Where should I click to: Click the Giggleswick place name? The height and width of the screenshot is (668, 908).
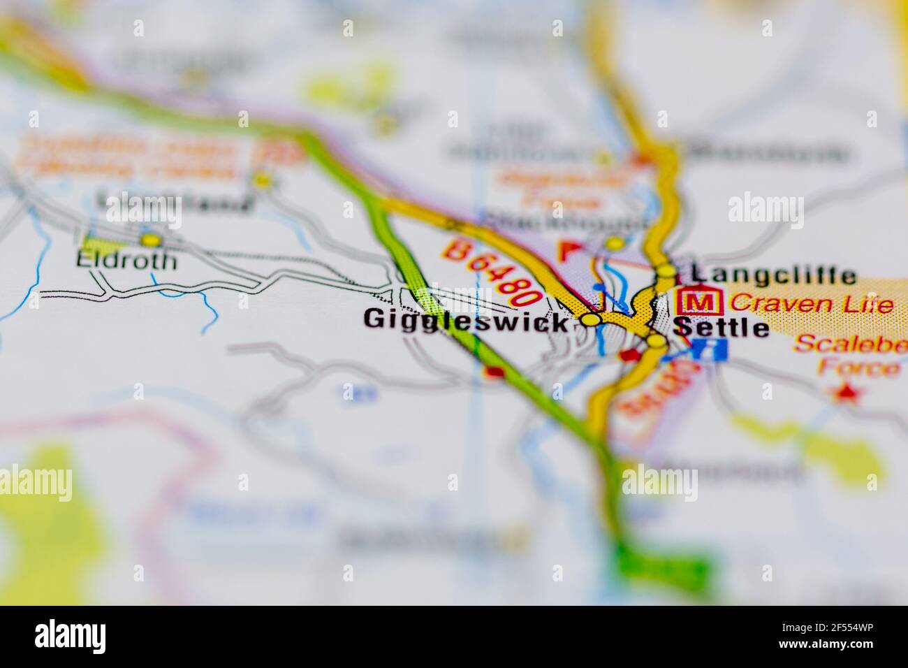(x=465, y=321)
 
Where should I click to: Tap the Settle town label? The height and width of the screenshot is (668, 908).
(x=722, y=327)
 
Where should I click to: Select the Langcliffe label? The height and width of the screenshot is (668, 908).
(x=773, y=275)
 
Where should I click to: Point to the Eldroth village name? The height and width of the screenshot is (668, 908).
(x=126, y=261)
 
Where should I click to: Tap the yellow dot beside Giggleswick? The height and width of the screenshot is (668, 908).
(x=591, y=320)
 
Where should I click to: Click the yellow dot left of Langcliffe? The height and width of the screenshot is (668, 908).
(x=668, y=271)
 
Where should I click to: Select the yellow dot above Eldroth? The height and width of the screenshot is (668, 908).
(x=149, y=240)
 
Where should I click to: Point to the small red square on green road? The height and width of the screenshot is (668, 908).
(x=495, y=372)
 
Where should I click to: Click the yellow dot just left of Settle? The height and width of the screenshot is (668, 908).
(x=656, y=341)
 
